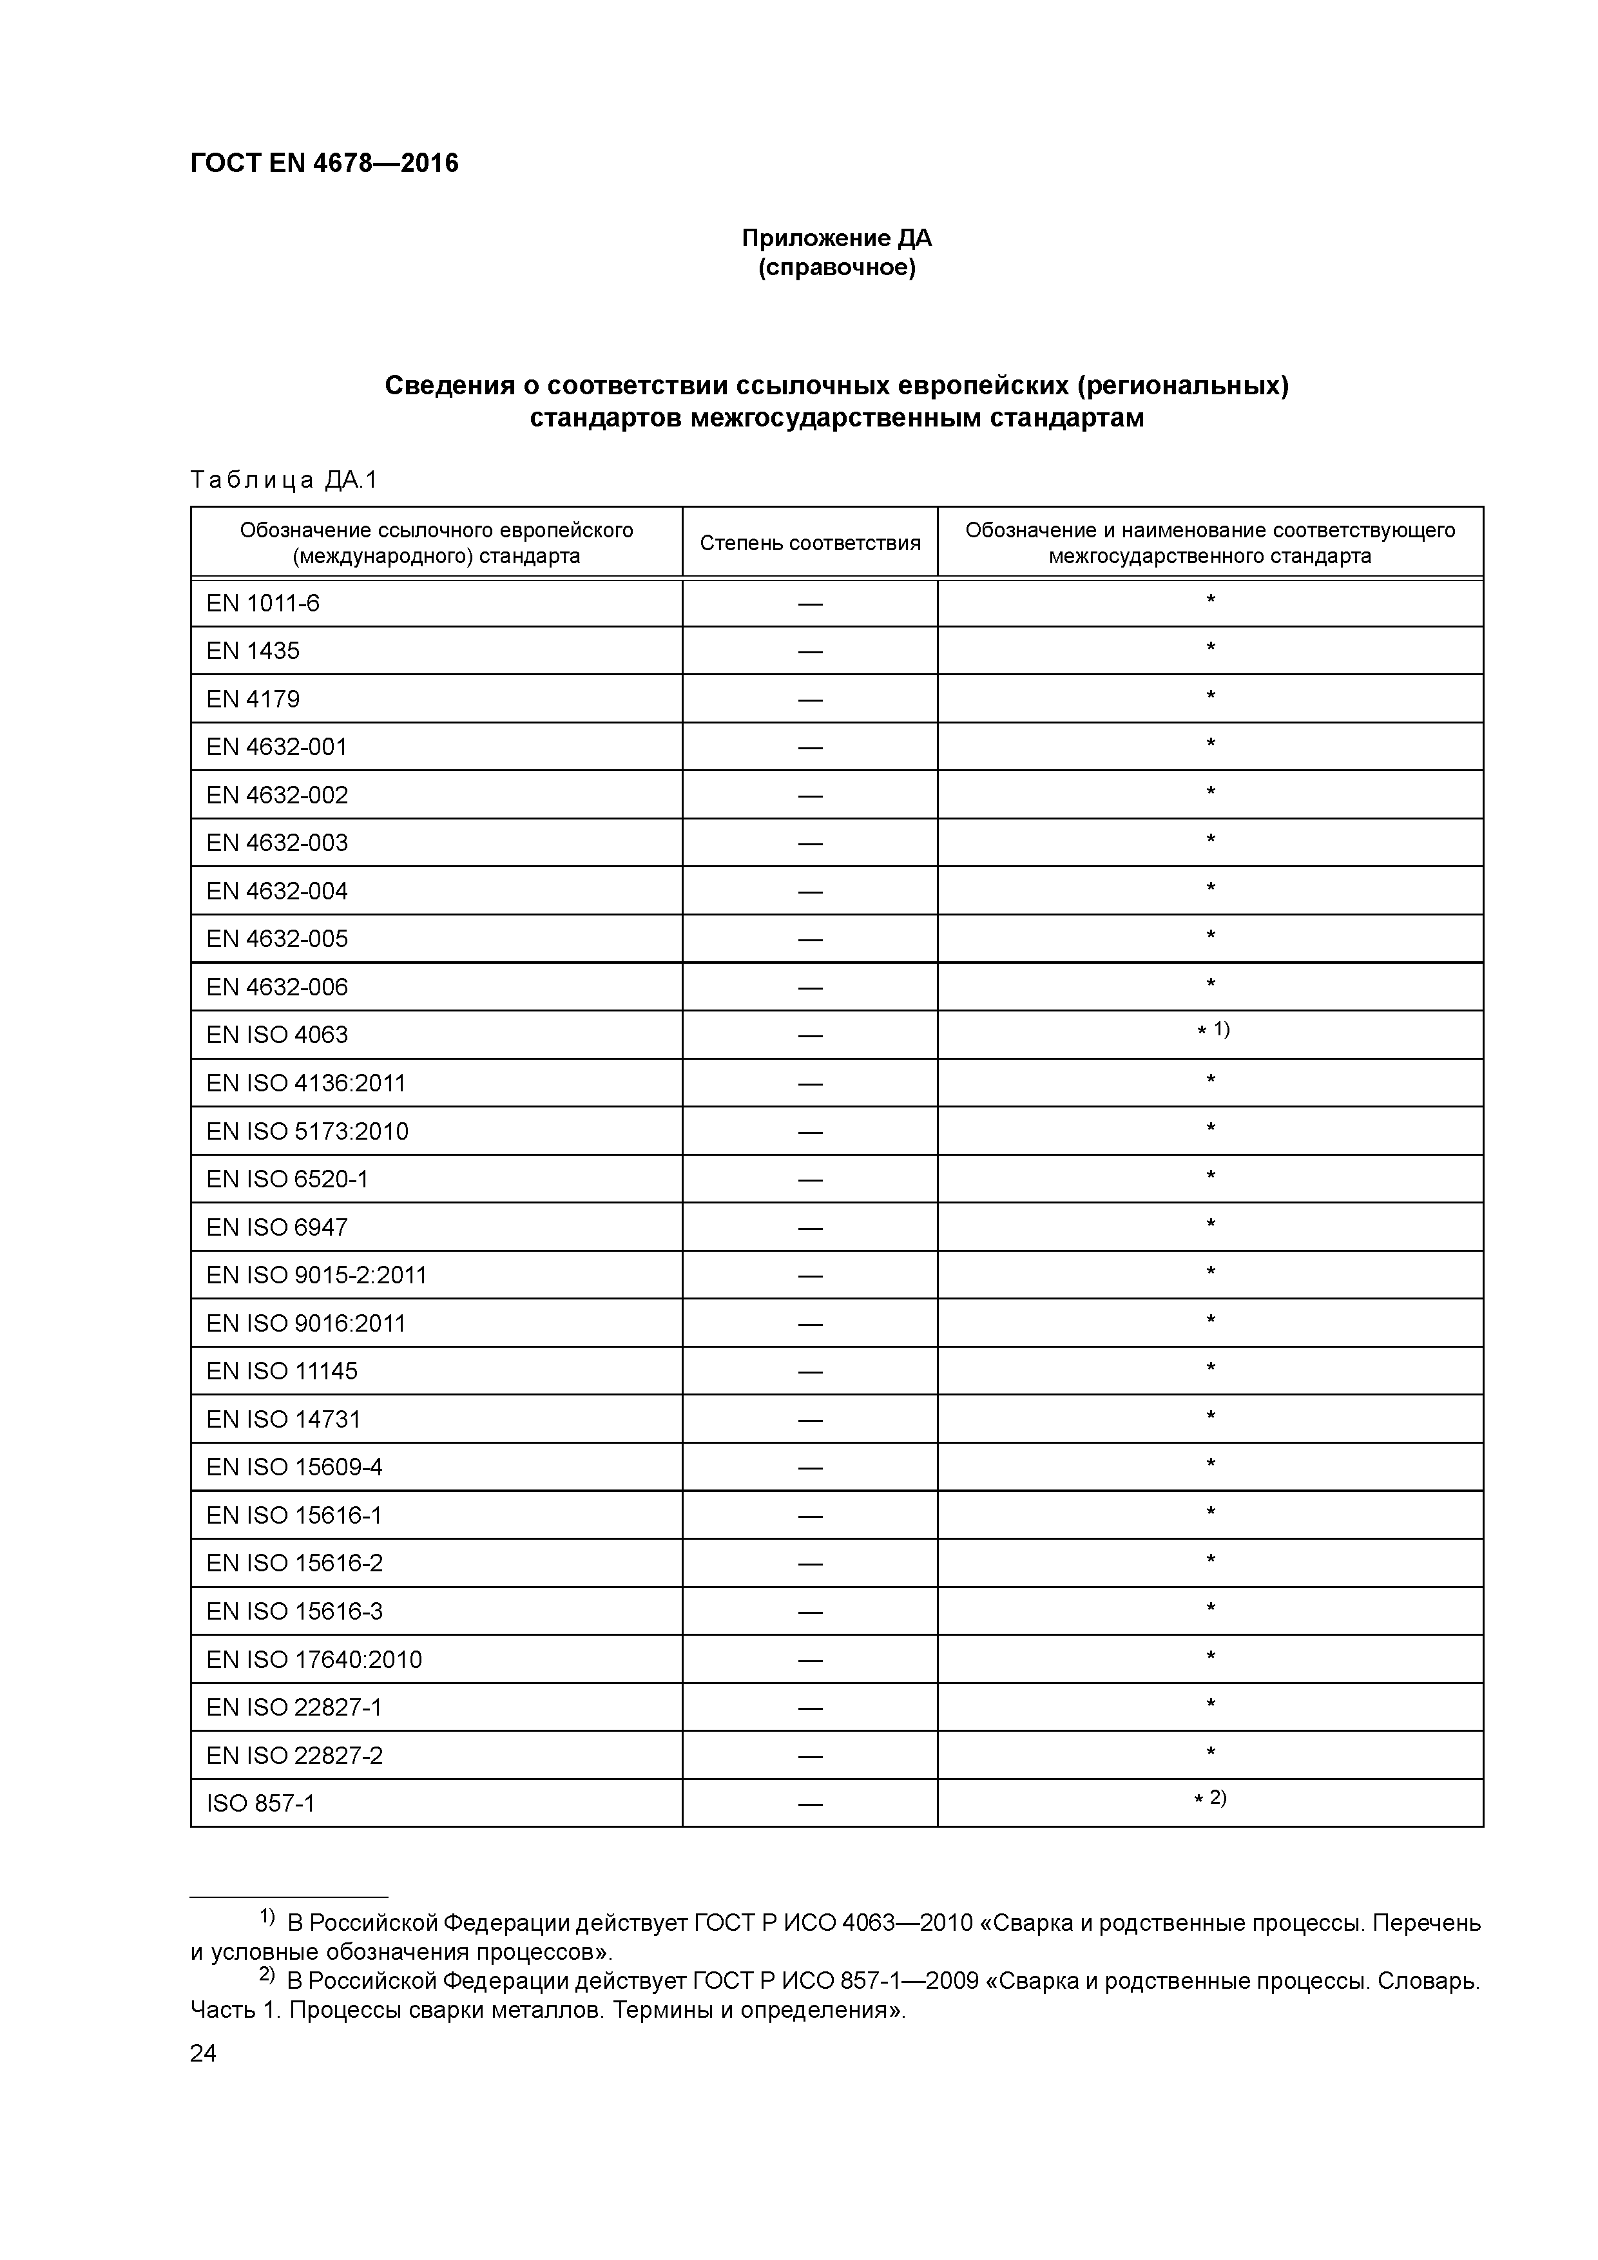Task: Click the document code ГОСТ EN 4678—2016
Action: (x=324, y=164)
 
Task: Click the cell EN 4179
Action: (x=253, y=699)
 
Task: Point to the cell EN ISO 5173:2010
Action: (x=307, y=1131)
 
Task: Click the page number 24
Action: (x=203, y=2053)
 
